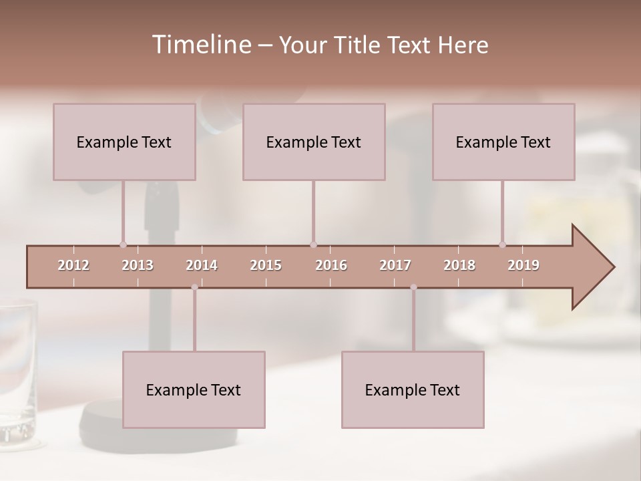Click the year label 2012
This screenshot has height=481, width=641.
pyautogui.click(x=73, y=265)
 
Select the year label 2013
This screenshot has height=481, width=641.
pyautogui.click(x=138, y=265)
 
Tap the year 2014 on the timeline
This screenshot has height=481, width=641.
pyautogui.click(x=202, y=265)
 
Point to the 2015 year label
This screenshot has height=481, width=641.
pyautogui.click(x=266, y=265)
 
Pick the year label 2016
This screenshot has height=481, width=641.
pyautogui.click(x=331, y=265)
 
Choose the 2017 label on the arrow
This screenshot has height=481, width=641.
pyautogui.click(x=395, y=265)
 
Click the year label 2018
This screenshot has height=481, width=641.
pyautogui.click(x=459, y=265)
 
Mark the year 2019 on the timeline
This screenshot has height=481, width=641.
pyautogui.click(x=523, y=265)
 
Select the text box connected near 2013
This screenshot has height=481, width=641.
pyautogui.click(x=124, y=142)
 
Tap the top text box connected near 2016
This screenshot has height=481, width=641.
pyautogui.click(x=314, y=142)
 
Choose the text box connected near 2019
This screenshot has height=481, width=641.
pyautogui.click(x=503, y=142)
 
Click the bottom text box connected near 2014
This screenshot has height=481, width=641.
pyautogui.click(x=194, y=389)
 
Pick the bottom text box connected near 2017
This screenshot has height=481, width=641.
pyautogui.click(x=413, y=389)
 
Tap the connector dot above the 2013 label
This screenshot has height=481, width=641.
pyautogui.click(x=123, y=245)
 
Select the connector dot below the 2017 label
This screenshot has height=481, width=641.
pyautogui.click(x=413, y=287)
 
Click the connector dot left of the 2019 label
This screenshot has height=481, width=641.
pyautogui.click(x=503, y=245)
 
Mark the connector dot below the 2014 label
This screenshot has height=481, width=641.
pyautogui.click(x=194, y=287)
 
